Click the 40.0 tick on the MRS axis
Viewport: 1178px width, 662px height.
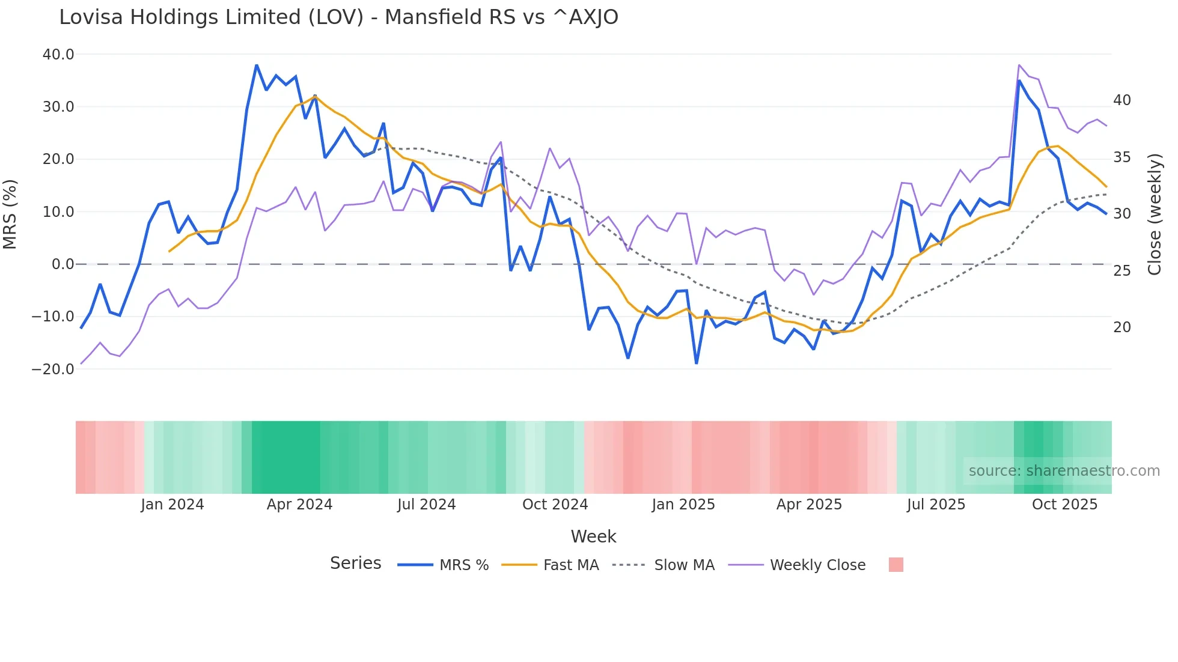pyautogui.click(x=58, y=55)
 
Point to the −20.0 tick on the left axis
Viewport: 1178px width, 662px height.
pyautogui.click(x=53, y=369)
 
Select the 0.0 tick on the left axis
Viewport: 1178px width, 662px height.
pyautogui.click(x=63, y=264)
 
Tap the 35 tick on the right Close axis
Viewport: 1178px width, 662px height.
pyautogui.click(x=1122, y=157)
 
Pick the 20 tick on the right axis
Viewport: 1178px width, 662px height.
pyautogui.click(x=1122, y=327)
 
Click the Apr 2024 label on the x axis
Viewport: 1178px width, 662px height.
pyautogui.click(x=299, y=505)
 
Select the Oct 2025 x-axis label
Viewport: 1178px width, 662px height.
pyautogui.click(x=1064, y=505)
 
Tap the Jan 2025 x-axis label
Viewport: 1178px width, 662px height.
pyautogui.click(x=683, y=505)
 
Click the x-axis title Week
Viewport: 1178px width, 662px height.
pyautogui.click(x=593, y=536)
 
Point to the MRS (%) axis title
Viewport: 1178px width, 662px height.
pyautogui.click(x=10, y=214)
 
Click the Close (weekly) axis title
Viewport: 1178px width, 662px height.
pyautogui.click(x=1155, y=214)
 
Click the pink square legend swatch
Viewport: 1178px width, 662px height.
pyautogui.click(x=896, y=565)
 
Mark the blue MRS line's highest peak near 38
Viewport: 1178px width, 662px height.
pyautogui.click(x=257, y=65)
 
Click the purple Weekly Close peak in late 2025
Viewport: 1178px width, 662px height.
pyautogui.click(x=1019, y=65)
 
